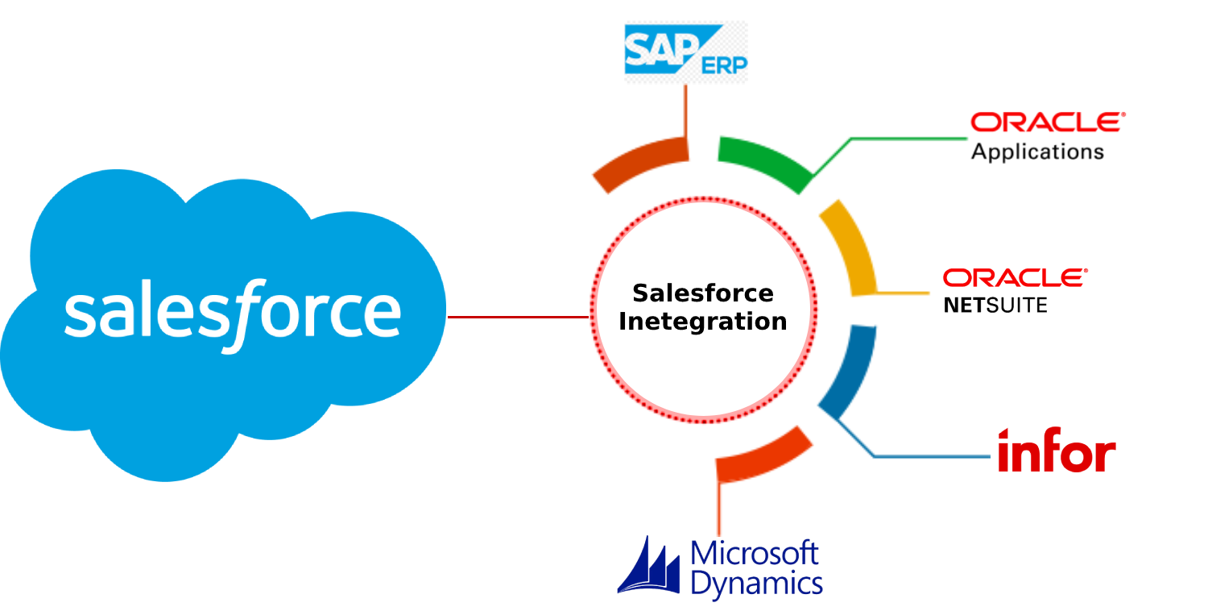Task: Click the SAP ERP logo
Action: (x=685, y=52)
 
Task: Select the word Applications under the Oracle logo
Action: (x=1037, y=151)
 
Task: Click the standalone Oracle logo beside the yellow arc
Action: (x=1015, y=278)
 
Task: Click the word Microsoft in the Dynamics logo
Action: (x=755, y=554)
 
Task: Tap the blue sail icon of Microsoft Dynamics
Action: (x=651, y=568)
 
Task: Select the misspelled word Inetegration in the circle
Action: (x=702, y=322)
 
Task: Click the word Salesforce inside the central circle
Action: (x=702, y=293)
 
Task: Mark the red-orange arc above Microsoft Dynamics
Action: (x=765, y=453)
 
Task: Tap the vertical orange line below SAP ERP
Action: (x=685, y=109)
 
